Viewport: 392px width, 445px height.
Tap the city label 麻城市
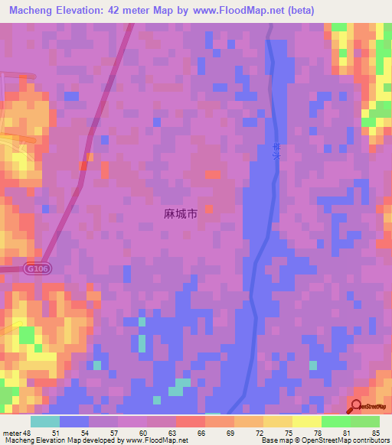[181, 215]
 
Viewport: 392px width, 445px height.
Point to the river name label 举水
[276, 156]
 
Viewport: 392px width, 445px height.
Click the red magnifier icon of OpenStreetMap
[358, 407]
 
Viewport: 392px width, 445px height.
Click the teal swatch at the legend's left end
[45, 421]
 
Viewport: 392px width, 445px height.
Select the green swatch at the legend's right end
[365, 421]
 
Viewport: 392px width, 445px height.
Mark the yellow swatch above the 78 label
[307, 421]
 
